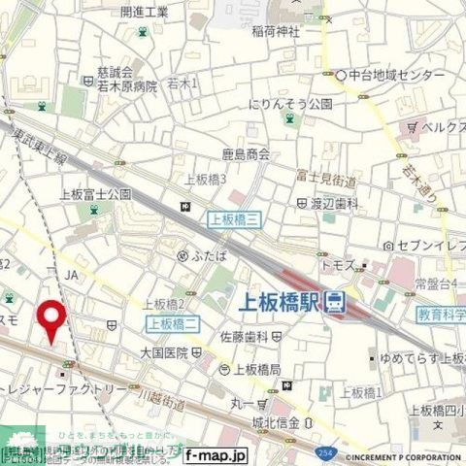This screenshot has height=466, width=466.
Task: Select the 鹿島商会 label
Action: click(x=246, y=153)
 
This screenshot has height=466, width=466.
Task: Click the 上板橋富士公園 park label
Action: click(x=96, y=194)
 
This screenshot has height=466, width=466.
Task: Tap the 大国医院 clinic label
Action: click(x=164, y=349)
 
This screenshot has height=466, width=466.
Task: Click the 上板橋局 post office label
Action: click(x=255, y=369)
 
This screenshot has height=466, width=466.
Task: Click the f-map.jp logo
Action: click(x=216, y=454)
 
